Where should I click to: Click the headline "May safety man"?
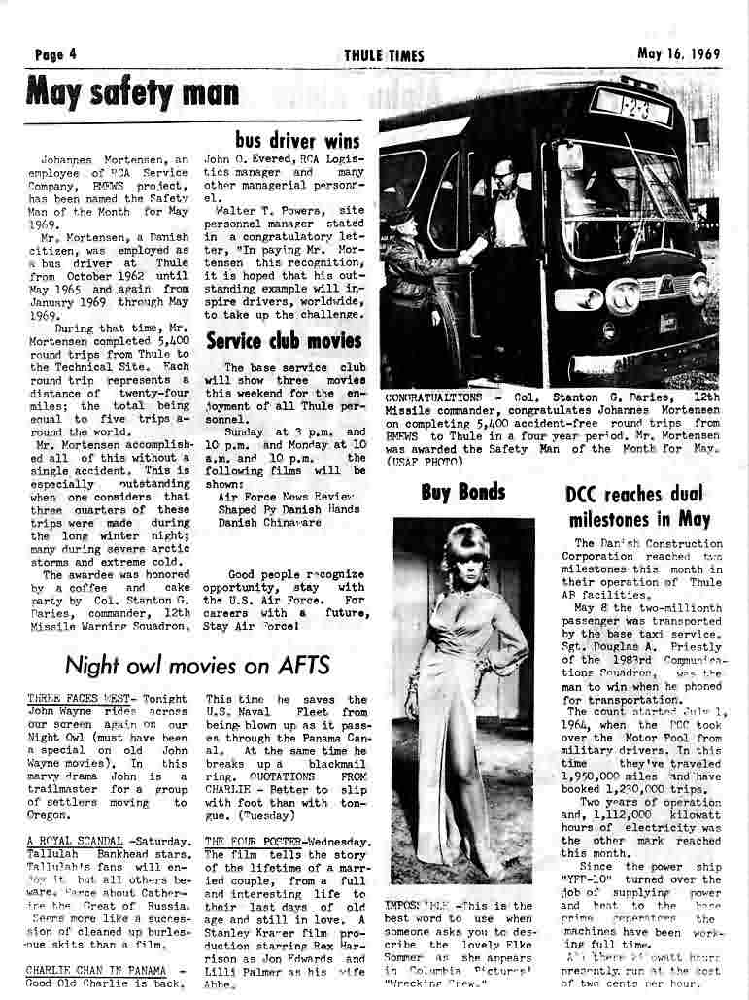132,92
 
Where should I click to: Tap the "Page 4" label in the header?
55,54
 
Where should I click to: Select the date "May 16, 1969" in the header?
678,54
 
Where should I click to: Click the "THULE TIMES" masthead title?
384,55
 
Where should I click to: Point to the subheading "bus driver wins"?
297,141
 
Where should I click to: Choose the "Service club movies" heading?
284,340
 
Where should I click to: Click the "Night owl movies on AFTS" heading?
197,665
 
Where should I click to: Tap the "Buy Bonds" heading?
463,492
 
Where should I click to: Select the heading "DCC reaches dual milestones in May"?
639,505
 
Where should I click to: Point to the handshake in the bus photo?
465,257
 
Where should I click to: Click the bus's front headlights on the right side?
698,288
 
